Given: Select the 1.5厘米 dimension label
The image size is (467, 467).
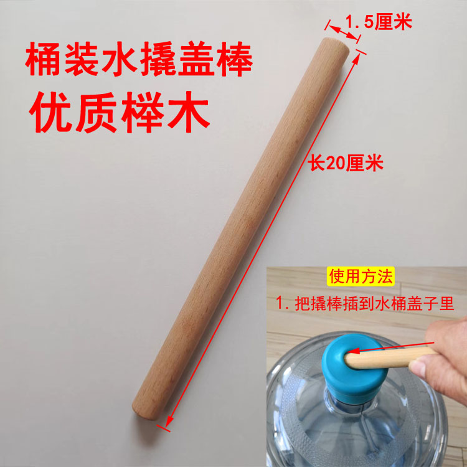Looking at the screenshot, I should point(379,24).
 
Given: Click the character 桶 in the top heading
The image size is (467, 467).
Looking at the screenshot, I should point(41,64).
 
